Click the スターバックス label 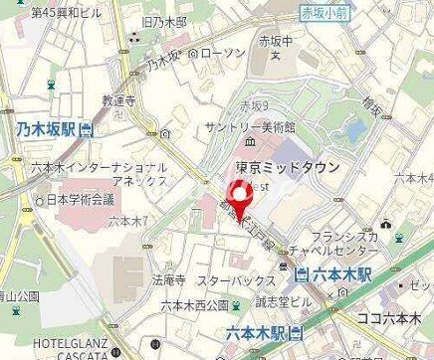tap(235, 282)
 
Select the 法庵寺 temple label tap(171, 281)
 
